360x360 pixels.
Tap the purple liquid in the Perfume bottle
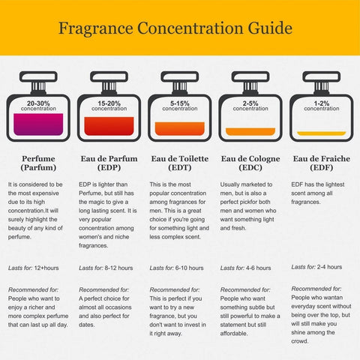pyautogui.click(x=38, y=124)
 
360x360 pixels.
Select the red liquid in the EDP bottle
pyautogui.click(x=109, y=126)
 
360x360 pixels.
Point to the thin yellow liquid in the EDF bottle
pyautogui.click(x=322, y=133)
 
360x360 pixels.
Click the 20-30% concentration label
pyautogui.click(x=38, y=106)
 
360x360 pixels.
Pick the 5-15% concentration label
pyautogui.click(x=180, y=106)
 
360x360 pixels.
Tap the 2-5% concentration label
pyautogui.click(x=250, y=106)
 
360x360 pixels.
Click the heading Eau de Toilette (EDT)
pyautogui.click(x=180, y=163)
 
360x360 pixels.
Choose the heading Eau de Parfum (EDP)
pyautogui.click(x=109, y=163)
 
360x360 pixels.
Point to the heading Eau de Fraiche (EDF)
pyautogui.click(x=322, y=163)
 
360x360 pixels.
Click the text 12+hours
pyautogui.click(x=46, y=268)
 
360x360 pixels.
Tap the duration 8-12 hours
pyautogui.click(x=118, y=268)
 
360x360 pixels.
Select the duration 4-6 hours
pyautogui.click(x=259, y=268)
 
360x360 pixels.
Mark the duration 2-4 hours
pyautogui.click(x=329, y=267)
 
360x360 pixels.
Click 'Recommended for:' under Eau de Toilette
pyautogui.click(x=175, y=289)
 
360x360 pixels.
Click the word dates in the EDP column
pyautogui.click(x=87, y=325)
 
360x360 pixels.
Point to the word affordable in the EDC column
pyautogui.click(x=234, y=334)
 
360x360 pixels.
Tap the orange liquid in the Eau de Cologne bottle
pyautogui.click(x=250, y=131)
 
